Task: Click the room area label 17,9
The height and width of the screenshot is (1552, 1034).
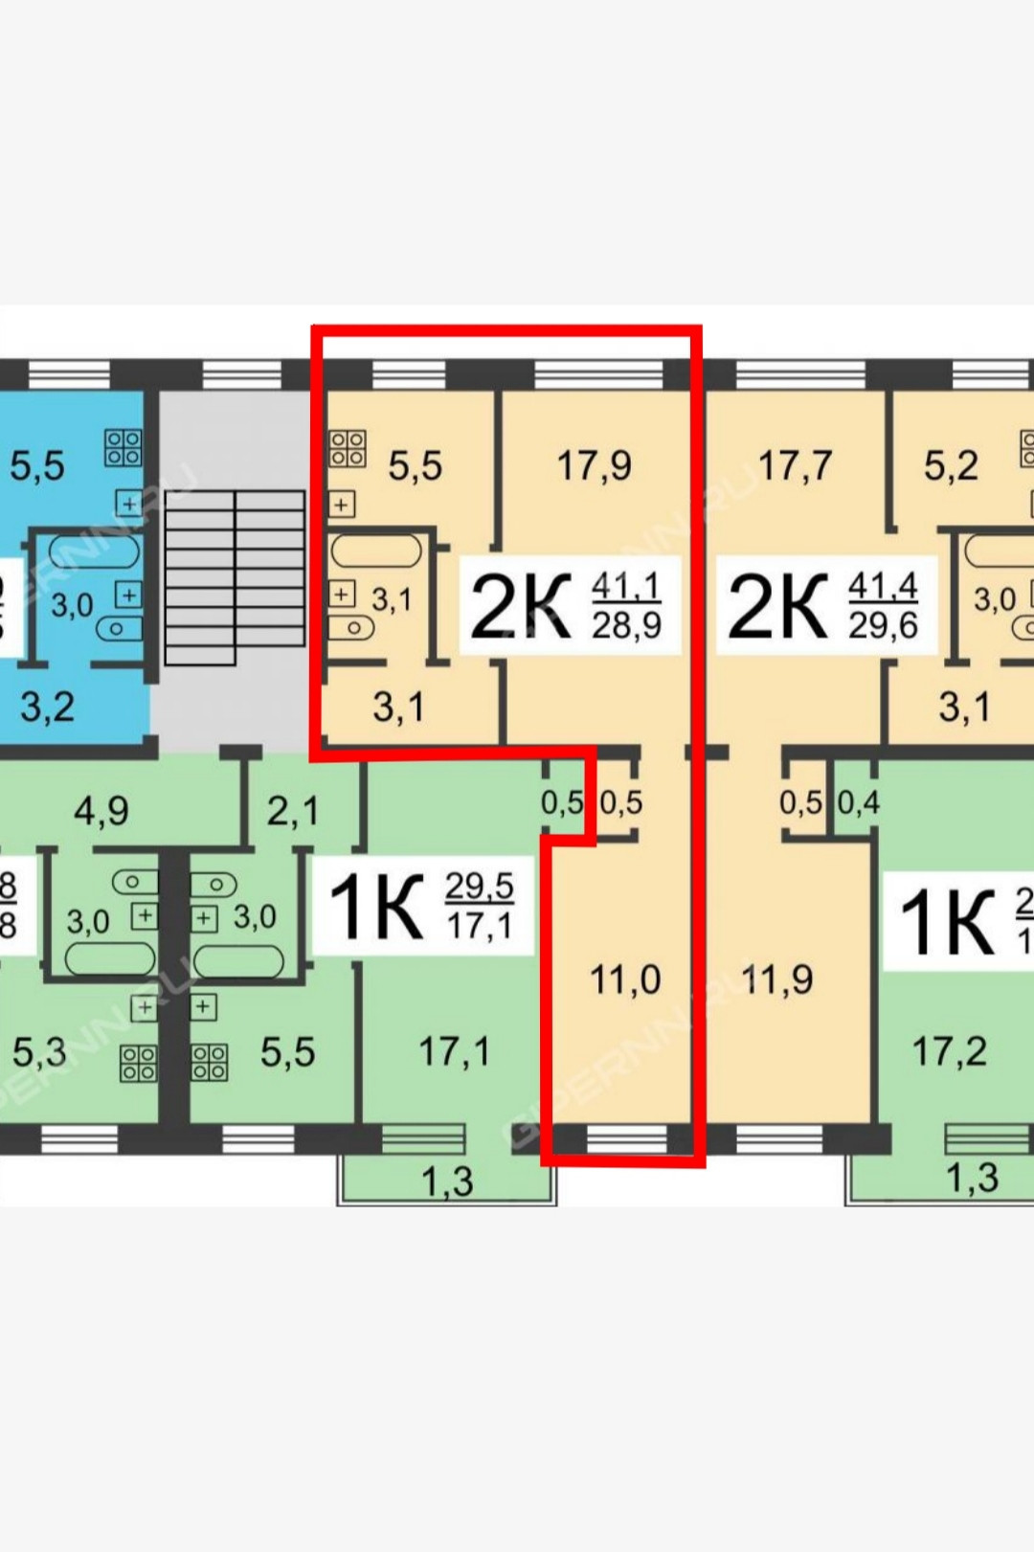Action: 594,466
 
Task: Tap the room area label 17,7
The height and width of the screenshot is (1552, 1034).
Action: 795,466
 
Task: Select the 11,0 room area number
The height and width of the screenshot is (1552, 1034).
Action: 624,979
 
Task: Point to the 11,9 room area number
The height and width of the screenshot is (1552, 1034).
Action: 776,979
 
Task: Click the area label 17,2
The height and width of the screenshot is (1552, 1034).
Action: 949,1051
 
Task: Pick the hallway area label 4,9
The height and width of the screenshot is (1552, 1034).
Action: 101,811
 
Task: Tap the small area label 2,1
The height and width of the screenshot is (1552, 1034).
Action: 293,811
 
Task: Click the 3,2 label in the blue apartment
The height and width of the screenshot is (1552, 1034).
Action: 47,707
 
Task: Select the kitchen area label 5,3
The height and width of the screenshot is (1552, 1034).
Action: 39,1051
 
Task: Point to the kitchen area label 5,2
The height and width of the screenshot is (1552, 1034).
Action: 951,466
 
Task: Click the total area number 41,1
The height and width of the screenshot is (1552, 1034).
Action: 626,585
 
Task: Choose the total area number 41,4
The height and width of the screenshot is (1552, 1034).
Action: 883,585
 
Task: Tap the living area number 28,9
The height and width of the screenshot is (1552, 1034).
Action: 626,626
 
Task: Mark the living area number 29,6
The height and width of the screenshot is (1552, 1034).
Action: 883,626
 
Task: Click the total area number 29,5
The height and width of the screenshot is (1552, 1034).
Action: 479,887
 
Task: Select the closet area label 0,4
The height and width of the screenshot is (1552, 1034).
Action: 858,802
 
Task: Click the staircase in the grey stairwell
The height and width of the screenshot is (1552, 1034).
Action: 236,577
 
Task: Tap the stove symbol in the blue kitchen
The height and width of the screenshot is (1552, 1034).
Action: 124,446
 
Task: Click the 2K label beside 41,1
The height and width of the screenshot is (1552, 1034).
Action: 520,607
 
